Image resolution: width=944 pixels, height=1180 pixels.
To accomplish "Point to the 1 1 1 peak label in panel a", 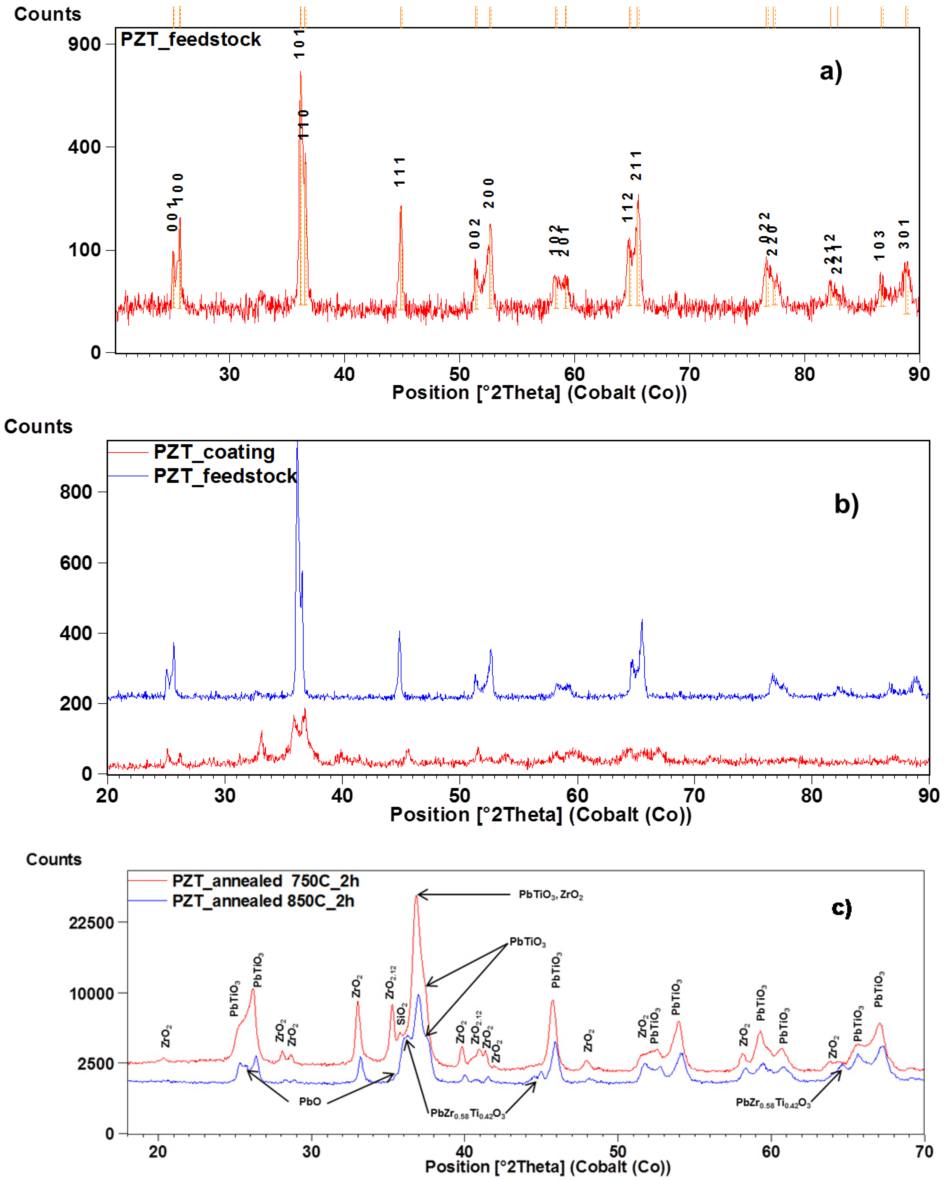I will pyautogui.click(x=400, y=171).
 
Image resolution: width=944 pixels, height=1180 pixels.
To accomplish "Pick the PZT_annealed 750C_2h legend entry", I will pyautogui.click(x=265, y=881).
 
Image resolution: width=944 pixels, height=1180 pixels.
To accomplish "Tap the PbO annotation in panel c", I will pyautogui.click(x=310, y=1101).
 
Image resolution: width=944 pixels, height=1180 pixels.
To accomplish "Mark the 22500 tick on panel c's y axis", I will pyautogui.click(x=91, y=923).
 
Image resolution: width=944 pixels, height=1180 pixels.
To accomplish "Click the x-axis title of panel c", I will pyautogui.click(x=547, y=1166).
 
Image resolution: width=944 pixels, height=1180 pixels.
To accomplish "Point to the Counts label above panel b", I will pyautogui.click(x=38, y=426).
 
